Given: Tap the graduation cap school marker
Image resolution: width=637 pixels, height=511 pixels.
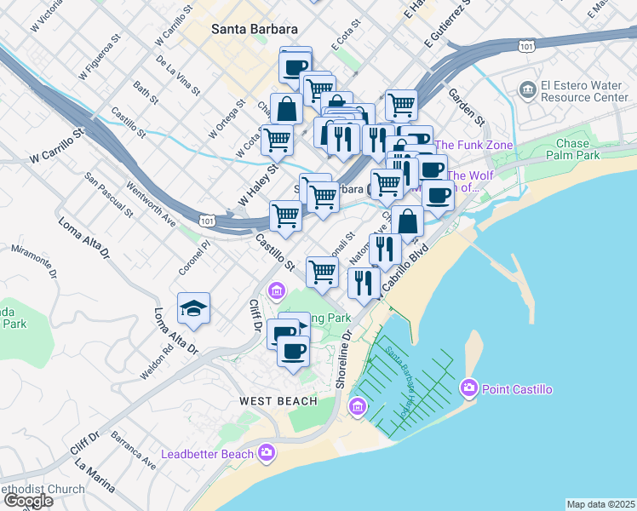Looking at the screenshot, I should [x=194, y=309].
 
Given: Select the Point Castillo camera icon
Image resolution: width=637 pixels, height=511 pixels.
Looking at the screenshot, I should [x=468, y=389].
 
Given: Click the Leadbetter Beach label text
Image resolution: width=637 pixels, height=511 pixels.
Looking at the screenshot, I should [x=208, y=454].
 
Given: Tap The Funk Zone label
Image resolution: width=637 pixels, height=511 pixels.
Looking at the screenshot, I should [x=473, y=145].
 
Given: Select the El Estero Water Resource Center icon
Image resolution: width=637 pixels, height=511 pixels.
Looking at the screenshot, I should [x=528, y=89].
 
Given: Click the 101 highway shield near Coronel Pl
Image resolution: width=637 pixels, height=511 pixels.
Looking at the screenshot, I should [x=205, y=221].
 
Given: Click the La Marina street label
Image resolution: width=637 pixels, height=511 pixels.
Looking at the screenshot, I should [x=94, y=476].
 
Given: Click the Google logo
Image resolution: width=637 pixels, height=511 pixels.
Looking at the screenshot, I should [x=28, y=501].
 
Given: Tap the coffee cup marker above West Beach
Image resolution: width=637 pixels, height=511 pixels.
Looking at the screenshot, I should [x=293, y=351].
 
